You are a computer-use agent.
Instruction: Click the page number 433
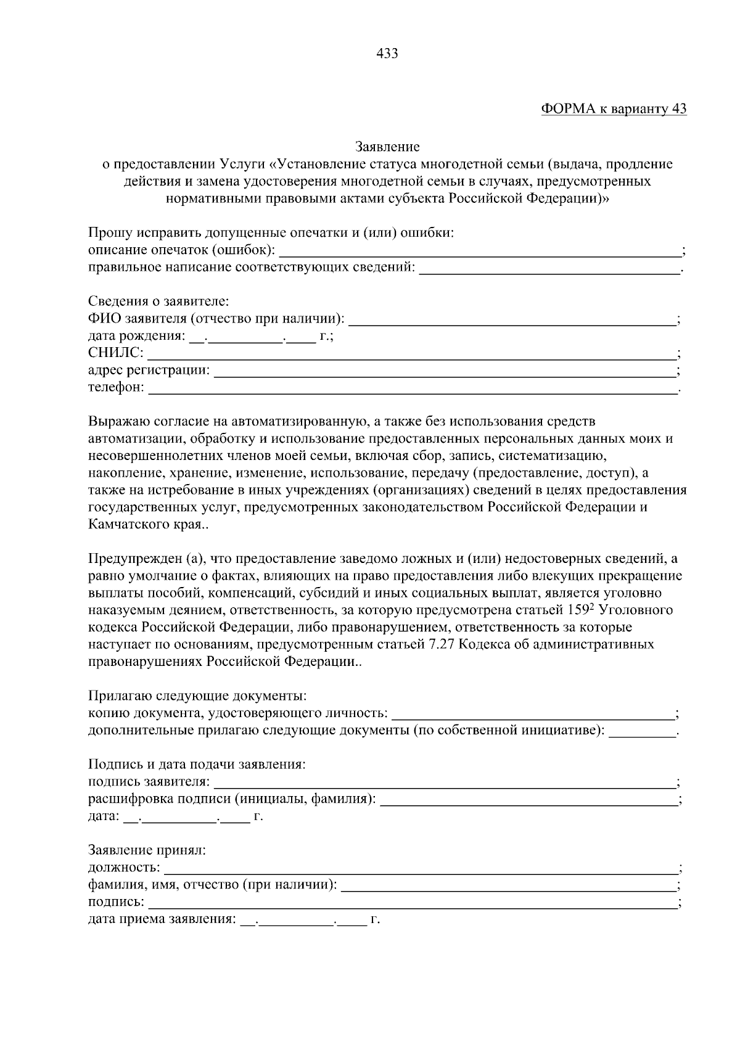(387, 54)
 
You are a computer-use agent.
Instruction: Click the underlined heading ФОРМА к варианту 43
(614, 109)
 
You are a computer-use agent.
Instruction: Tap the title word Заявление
(387, 147)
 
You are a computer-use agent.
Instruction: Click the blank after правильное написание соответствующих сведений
(549, 269)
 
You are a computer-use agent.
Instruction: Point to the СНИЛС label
(115, 353)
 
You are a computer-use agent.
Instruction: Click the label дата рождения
(136, 337)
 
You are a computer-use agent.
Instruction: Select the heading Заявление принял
(147, 850)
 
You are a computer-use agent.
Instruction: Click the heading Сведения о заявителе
(158, 302)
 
